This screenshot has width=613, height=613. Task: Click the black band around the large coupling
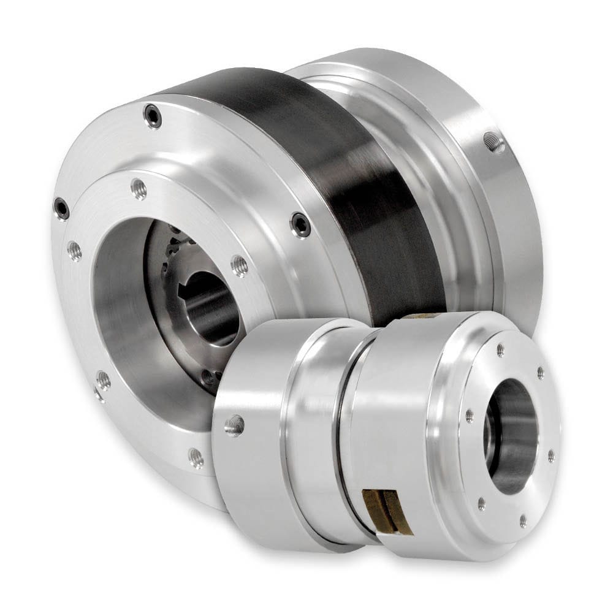point(343,184)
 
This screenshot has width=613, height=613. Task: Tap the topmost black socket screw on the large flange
point(151,115)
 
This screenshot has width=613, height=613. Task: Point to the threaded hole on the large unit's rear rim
point(493,142)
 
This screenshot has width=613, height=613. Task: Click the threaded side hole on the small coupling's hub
point(234,425)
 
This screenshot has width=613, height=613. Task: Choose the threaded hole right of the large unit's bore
point(240,265)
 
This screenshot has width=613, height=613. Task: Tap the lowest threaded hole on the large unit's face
point(196,456)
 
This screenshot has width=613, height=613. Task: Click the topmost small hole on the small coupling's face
point(500,350)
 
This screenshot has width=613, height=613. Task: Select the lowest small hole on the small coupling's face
point(522,522)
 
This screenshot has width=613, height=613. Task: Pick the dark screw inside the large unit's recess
point(209,376)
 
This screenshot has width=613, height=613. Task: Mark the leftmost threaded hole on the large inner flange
point(74,249)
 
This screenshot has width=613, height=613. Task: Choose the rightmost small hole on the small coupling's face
point(550,455)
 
